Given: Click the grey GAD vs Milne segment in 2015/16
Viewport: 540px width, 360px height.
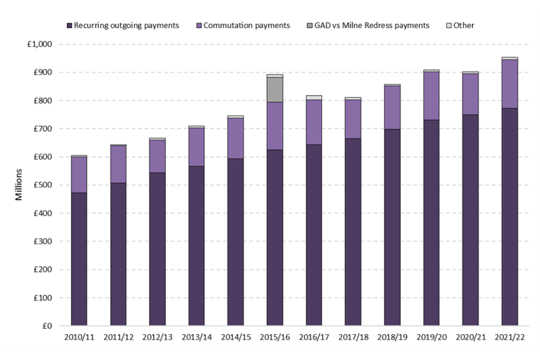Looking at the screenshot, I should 274,89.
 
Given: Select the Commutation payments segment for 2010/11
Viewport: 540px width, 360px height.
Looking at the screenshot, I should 79,175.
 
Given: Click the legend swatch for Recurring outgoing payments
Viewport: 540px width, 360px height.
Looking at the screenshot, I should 70,26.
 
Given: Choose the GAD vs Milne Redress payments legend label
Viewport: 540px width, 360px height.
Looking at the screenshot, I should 375,26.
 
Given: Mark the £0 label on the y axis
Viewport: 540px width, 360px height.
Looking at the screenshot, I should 47,326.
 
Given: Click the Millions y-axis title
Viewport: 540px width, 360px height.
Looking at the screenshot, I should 19,185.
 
